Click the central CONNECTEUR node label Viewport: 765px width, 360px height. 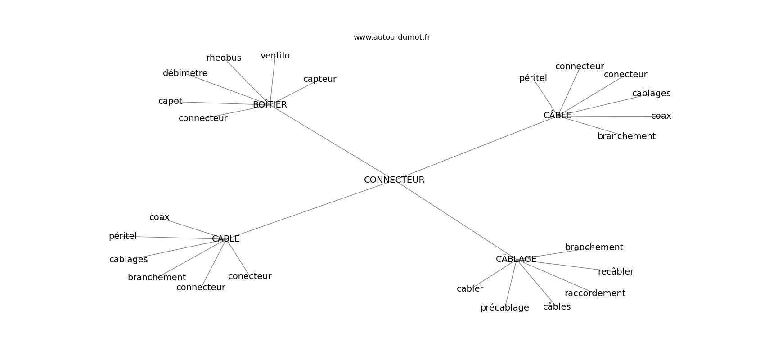point(394,180)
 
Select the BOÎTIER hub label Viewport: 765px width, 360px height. point(270,104)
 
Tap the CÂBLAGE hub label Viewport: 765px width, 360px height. point(516,259)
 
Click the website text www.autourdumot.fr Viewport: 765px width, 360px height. point(391,37)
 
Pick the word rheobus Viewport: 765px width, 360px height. point(224,58)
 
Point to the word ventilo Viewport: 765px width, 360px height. point(275,56)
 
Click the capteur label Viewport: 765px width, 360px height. point(319,79)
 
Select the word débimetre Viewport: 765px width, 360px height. point(185,73)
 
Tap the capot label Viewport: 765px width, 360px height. point(171,101)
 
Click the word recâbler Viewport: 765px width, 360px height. point(616,271)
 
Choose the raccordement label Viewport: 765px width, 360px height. point(595,293)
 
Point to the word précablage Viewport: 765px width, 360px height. point(505,308)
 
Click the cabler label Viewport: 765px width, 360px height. point(470,288)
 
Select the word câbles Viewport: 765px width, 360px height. point(557,306)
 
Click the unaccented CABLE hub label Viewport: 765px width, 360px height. point(226,239)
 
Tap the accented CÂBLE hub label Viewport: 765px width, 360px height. point(558,115)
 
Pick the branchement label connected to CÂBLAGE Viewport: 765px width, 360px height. point(594,247)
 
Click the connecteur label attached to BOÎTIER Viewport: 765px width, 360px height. point(203,118)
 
